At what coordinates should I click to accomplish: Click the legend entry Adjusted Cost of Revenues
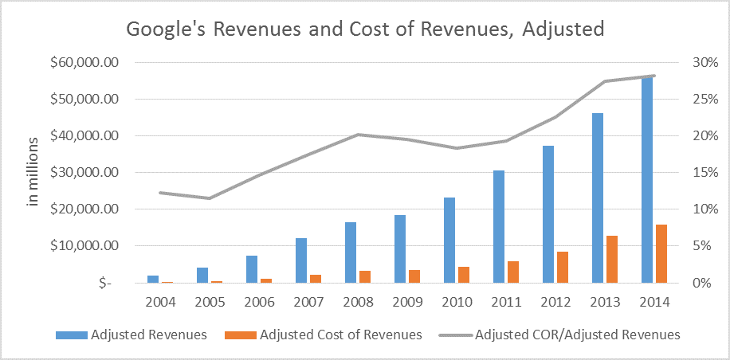340,335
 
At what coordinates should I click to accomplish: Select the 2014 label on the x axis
653,303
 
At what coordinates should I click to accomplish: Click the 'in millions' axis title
33,172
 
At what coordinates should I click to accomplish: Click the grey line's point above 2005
209,198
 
